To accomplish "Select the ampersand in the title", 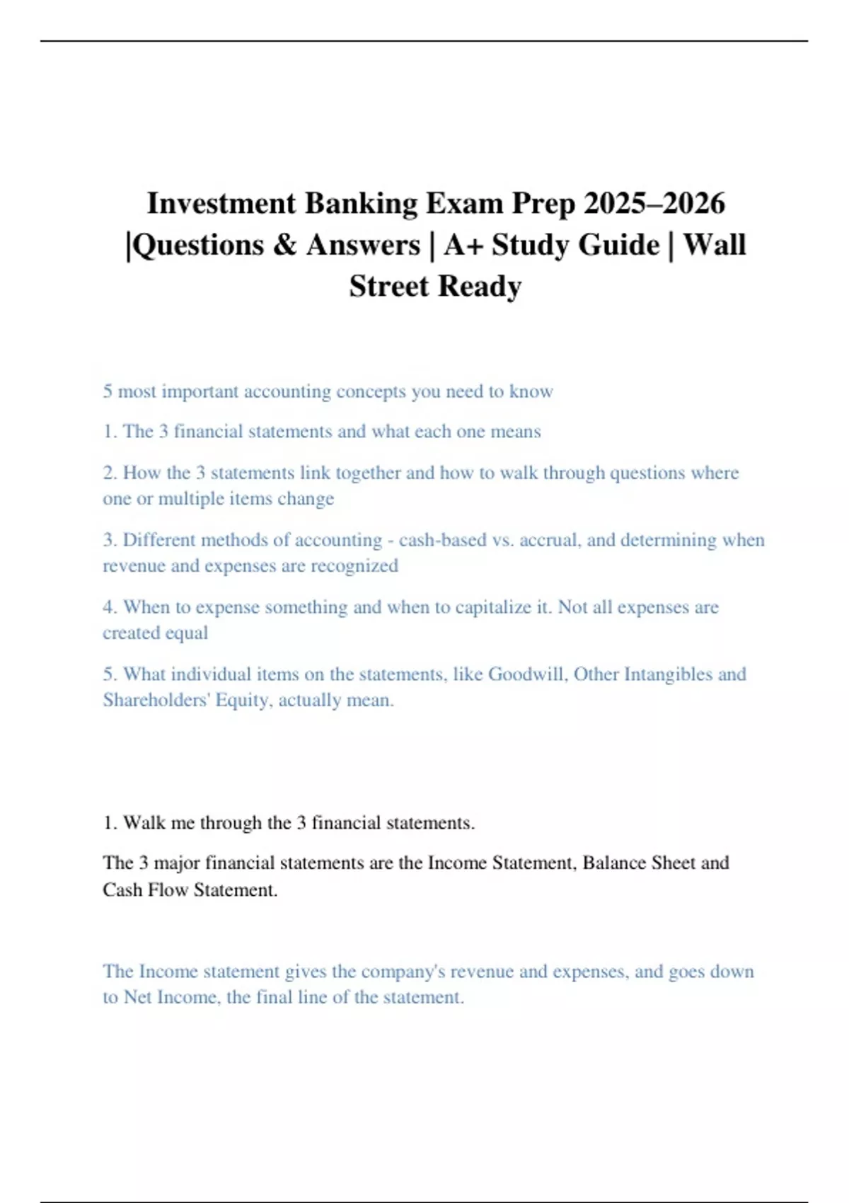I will (284, 245).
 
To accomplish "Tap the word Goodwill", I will (527, 674).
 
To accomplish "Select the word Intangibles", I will (668, 674).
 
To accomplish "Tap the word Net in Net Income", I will (137, 998).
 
